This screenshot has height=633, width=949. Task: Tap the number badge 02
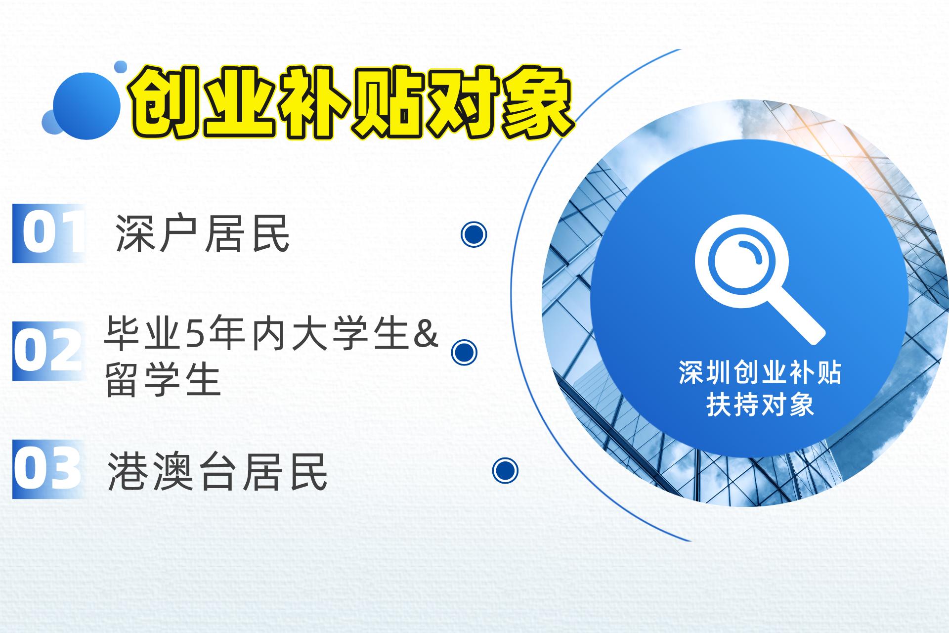(x=47, y=351)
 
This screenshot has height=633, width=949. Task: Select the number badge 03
(x=47, y=469)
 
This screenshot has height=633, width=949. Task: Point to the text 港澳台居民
(x=217, y=472)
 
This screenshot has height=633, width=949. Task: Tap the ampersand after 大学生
(x=426, y=335)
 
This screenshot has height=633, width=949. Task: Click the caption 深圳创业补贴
(x=760, y=373)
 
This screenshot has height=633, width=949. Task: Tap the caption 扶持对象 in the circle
(x=760, y=405)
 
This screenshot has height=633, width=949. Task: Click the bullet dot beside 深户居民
(x=474, y=234)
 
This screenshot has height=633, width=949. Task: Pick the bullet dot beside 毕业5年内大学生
(x=464, y=352)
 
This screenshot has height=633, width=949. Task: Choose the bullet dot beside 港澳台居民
(x=505, y=470)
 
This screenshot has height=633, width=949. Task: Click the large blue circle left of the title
(x=87, y=106)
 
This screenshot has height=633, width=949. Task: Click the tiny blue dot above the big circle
(x=120, y=67)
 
